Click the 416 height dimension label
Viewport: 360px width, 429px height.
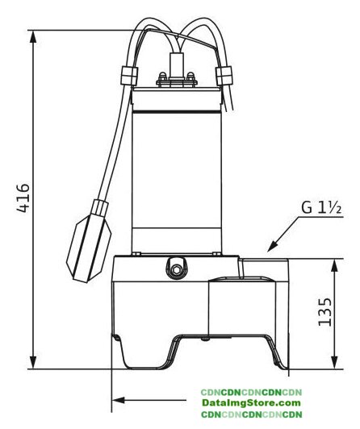[23, 198]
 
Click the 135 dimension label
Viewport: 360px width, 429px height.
[325, 311]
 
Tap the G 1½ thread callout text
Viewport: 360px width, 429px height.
[321, 207]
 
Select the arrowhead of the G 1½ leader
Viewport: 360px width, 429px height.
[272, 246]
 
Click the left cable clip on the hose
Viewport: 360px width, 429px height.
[128, 76]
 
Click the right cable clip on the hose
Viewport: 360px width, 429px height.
[224, 76]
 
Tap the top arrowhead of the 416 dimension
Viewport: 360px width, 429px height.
[33, 36]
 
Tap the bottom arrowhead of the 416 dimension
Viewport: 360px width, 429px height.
[33, 362]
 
